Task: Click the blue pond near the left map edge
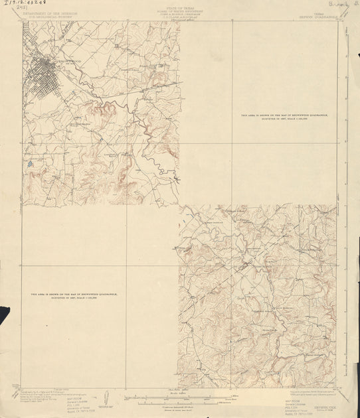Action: pyautogui.click(x=29, y=161)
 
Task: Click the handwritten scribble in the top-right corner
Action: pyautogui.click(x=346, y=7)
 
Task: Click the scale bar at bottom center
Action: pyautogui.click(x=179, y=398)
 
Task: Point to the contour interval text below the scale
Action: pyautogui.click(x=179, y=405)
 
